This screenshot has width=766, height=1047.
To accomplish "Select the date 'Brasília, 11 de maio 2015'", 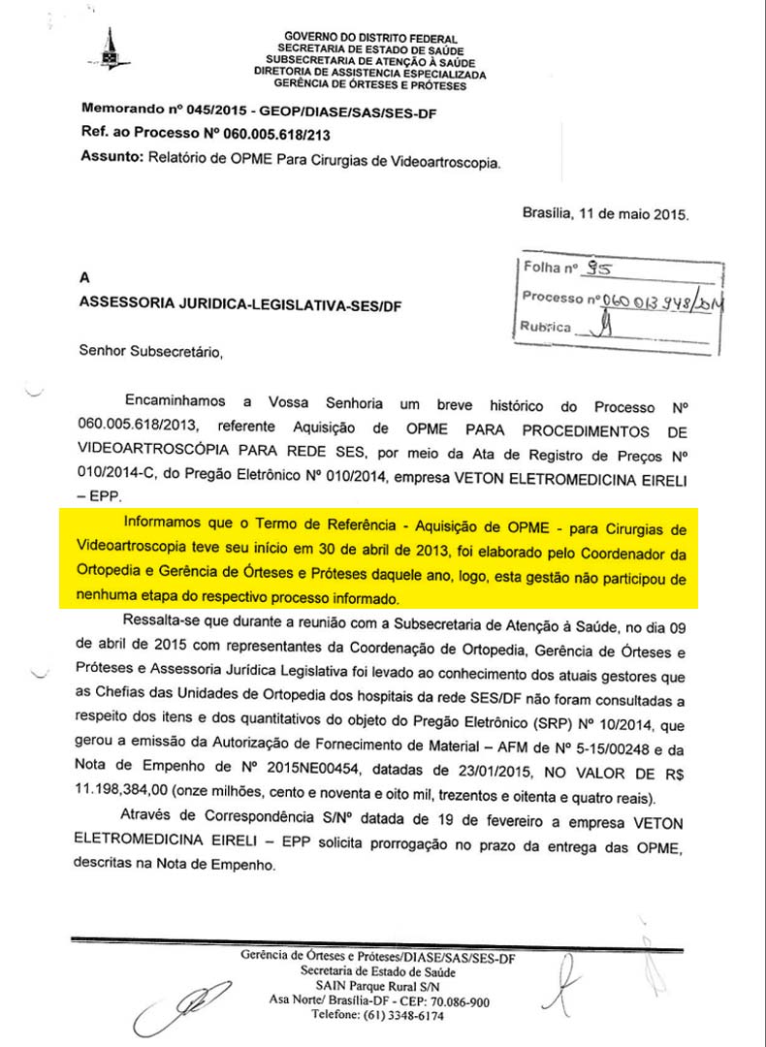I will tap(605, 212).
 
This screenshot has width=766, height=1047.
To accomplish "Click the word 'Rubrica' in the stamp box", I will tap(546, 327).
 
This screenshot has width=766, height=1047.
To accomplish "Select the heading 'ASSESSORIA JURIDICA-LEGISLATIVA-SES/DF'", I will tap(240, 304).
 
